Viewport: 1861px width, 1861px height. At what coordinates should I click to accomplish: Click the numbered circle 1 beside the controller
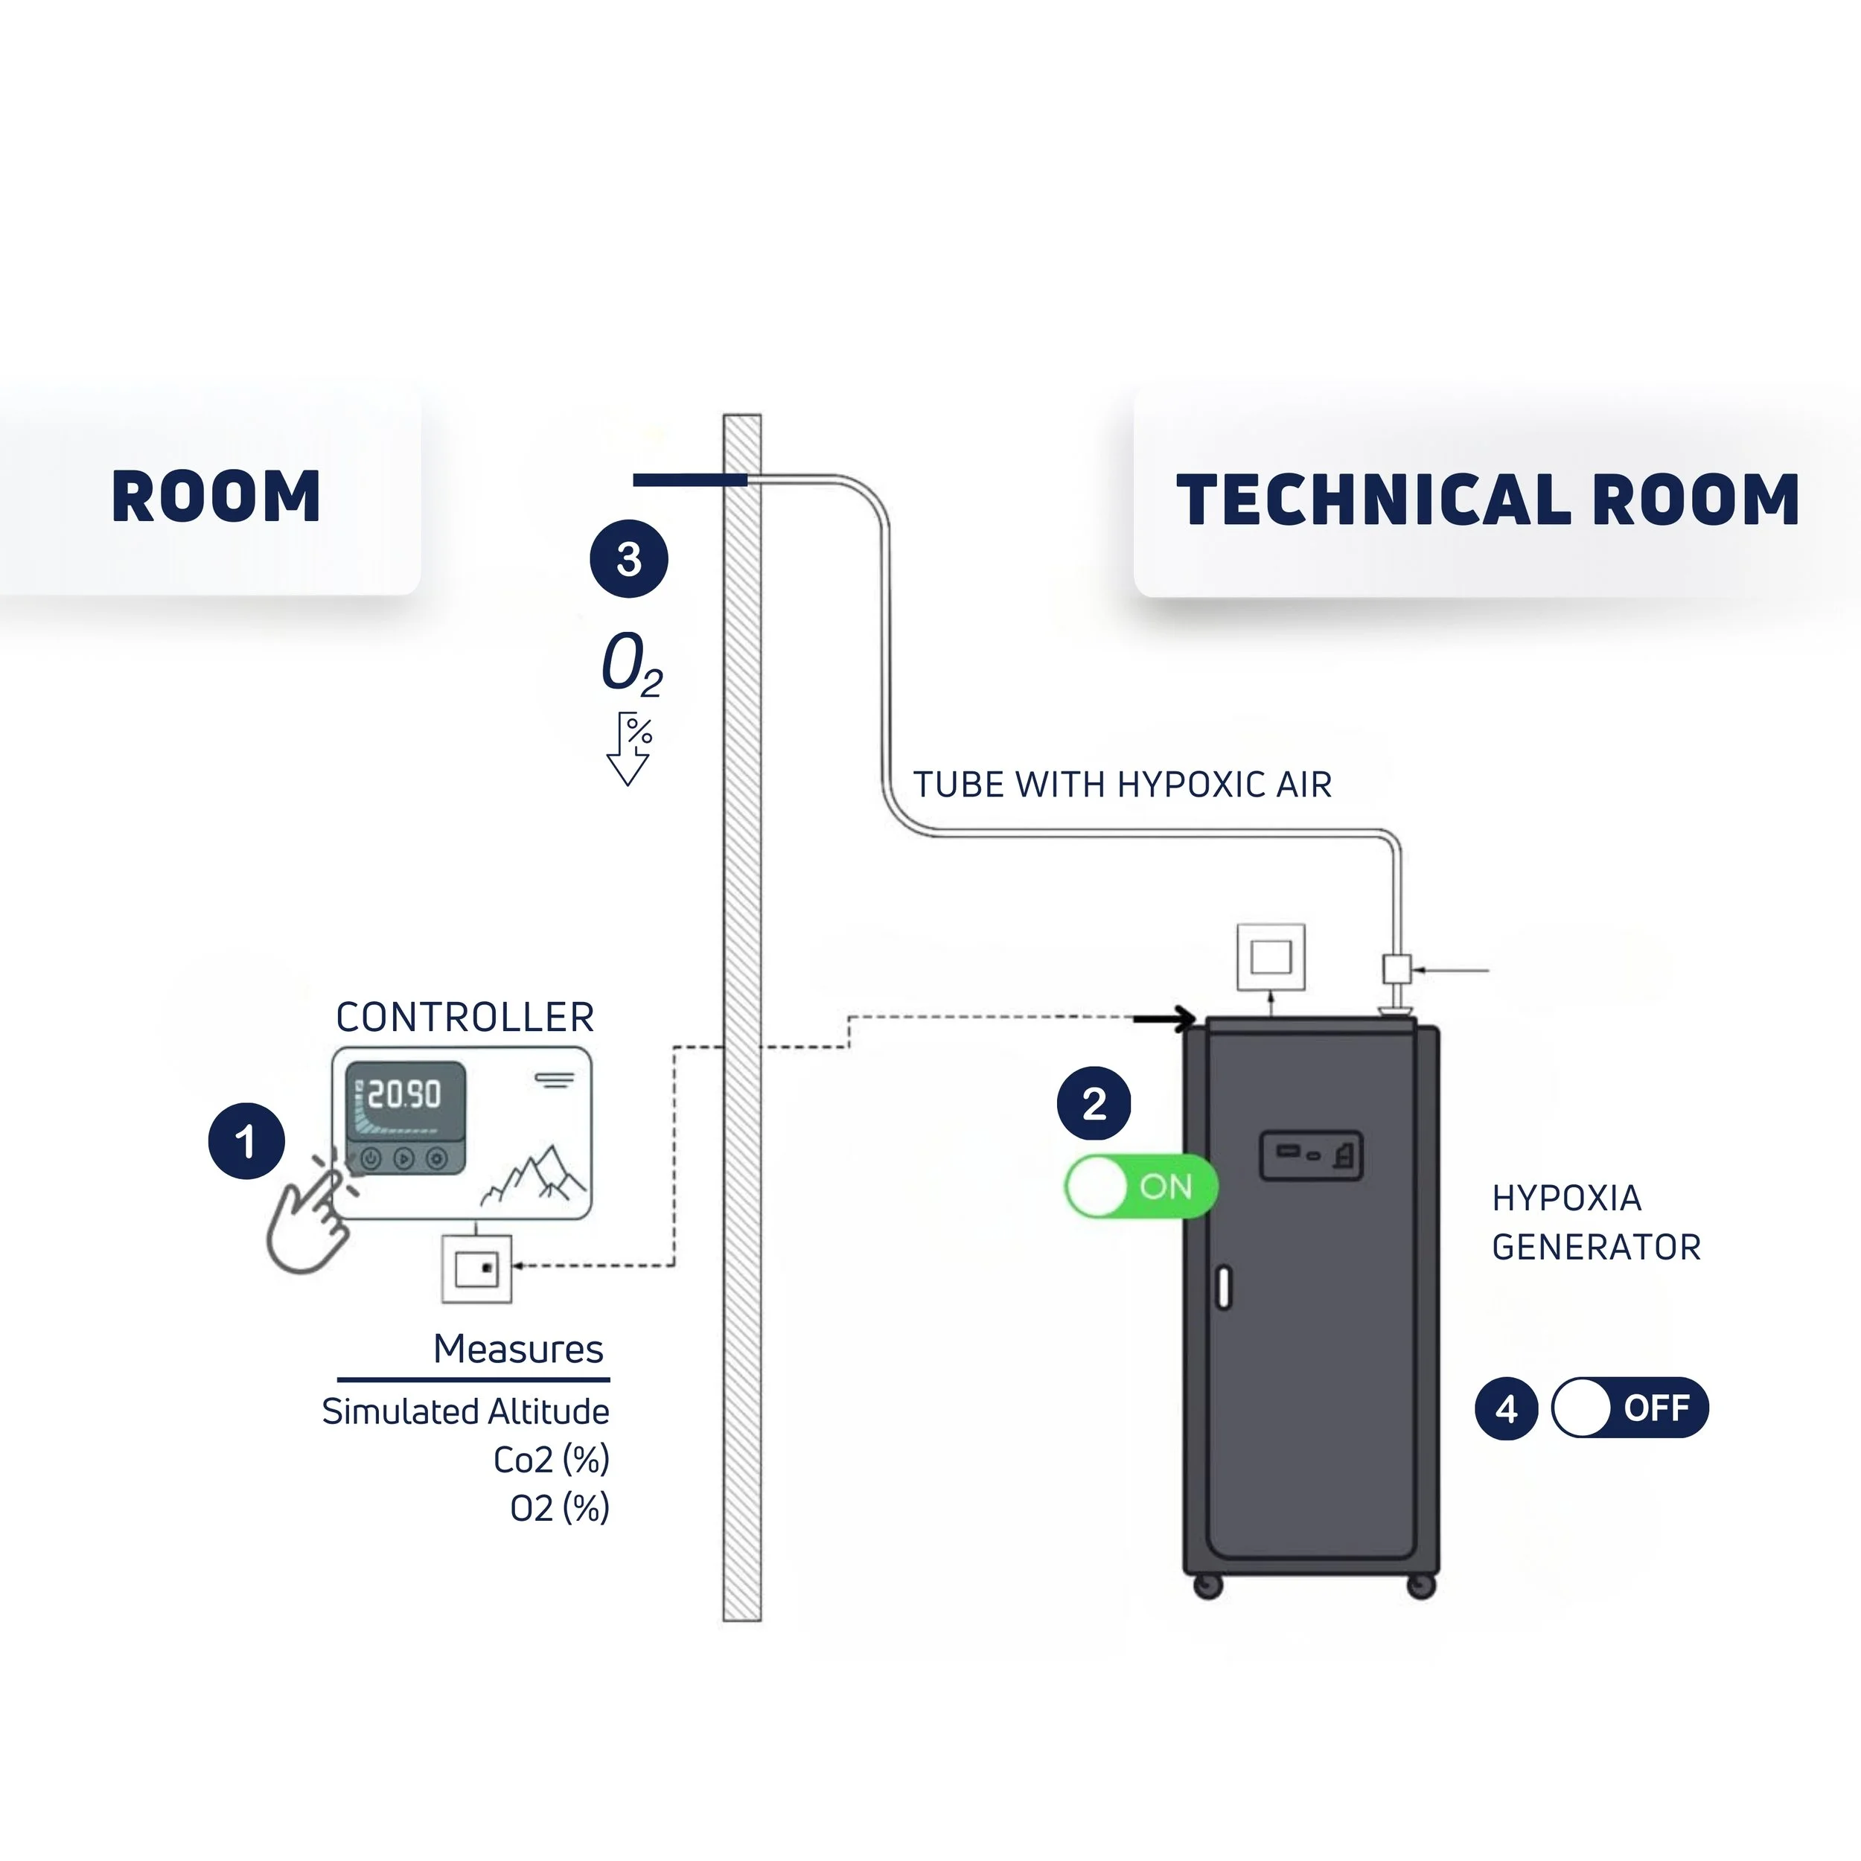point(246,1141)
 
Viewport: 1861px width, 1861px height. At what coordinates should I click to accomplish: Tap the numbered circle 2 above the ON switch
point(1094,1104)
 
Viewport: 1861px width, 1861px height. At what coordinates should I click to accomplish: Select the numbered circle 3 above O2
point(629,559)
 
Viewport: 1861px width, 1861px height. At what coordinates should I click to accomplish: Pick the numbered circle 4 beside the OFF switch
point(1507,1408)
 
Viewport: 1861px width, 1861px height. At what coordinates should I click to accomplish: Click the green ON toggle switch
point(1141,1186)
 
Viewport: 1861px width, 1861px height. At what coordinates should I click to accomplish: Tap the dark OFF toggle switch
point(1629,1408)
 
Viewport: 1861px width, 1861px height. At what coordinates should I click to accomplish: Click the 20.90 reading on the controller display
point(404,1094)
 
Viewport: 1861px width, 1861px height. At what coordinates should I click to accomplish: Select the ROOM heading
point(216,497)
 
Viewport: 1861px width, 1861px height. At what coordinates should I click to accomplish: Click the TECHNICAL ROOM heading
point(1488,500)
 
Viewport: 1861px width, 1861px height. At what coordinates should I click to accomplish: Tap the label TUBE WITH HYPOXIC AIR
point(1123,785)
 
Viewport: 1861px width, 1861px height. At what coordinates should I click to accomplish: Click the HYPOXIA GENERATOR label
point(1596,1222)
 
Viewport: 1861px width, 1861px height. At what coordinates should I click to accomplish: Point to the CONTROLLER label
point(465,1017)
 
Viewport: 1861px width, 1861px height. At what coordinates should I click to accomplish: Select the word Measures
point(518,1349)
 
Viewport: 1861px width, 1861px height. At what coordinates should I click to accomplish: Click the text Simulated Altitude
point(465,1412)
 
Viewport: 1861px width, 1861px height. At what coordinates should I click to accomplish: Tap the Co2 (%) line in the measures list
point(551,1461)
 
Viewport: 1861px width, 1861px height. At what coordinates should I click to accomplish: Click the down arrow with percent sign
point(629,748)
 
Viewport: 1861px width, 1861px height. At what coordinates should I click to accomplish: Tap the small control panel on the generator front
point(1311,1155)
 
